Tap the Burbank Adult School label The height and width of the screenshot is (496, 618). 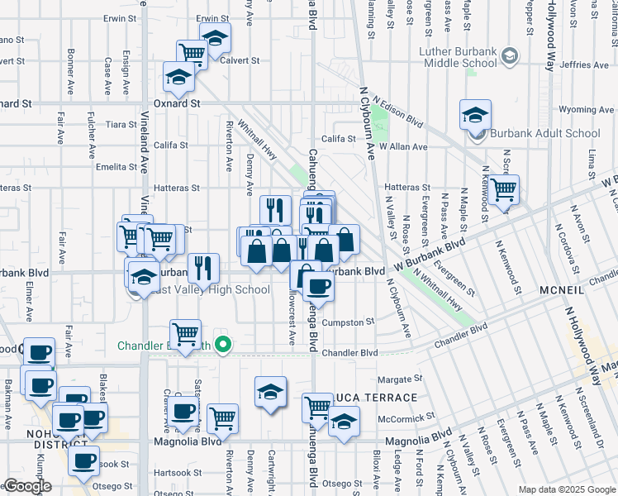tap(546, 133)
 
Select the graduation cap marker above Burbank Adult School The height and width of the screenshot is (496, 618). tap(476, 115)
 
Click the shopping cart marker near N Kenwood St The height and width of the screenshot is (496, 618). tap(503, 190)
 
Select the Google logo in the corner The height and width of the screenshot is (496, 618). tap(27, 486)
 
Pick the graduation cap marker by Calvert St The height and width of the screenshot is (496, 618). tap(215, 37)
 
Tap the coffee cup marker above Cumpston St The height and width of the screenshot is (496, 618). tap(318, 286)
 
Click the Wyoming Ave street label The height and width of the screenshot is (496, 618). tap(587, 109)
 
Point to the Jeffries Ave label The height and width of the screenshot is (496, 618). tap(583, 64)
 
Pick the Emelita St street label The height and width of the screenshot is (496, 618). tap(116, 167)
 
